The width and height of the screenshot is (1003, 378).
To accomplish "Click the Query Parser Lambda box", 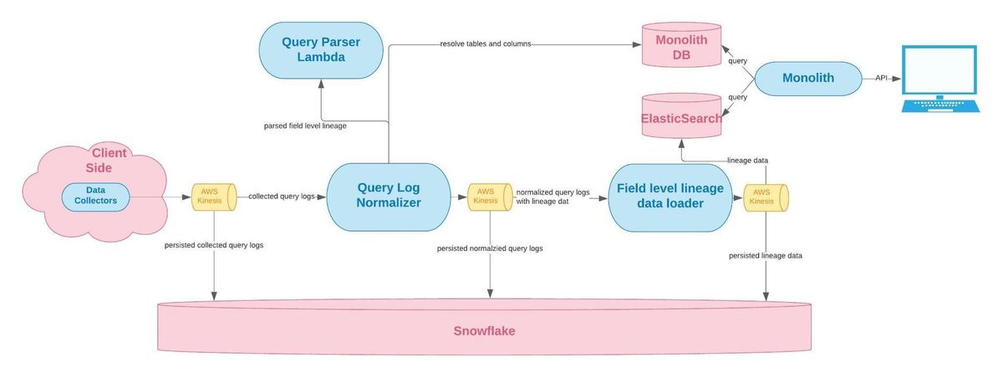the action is [x=321, y=50].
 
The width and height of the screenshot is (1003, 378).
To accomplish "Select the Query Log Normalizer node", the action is [x=388, y=197].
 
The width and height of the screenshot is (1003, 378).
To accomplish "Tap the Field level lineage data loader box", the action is [x=670, y=197].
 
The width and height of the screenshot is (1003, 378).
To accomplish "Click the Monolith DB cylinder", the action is [x=681, y=45].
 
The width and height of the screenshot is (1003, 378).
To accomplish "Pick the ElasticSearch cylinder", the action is [x=681, y=115].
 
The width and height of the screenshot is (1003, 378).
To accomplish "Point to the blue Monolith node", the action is [x=808, y=79].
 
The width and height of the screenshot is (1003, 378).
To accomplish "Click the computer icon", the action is [x=939, y=79].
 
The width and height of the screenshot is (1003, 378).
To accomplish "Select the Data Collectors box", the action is [x=95, y=197].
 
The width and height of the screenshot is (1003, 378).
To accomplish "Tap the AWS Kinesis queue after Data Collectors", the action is [x=214, y=197].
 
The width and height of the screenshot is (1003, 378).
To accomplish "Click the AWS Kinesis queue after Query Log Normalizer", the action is [x=490, y=197].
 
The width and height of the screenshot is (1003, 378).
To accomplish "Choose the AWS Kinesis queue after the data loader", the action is [x=766, y=197].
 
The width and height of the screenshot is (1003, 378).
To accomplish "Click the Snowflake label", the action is [x=484, y=331].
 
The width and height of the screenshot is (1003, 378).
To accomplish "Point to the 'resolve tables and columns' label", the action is [x=486, y=43].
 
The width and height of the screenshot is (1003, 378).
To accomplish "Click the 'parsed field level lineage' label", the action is [x=305, y=125].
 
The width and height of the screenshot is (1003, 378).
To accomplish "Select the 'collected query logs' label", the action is [x=282, y=197].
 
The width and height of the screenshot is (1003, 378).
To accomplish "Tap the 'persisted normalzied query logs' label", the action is [x=490, y=248].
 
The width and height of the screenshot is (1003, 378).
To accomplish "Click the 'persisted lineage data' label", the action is [x=766, y=256].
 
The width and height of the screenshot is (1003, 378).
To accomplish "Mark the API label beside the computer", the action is [x=881, y=78].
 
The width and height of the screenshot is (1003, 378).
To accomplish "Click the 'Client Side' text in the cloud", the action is [x=106, y=161].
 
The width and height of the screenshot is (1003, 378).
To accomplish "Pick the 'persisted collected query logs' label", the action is [x=214, y=245].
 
